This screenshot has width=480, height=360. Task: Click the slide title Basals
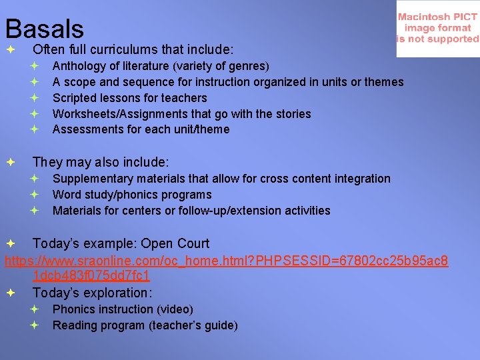click(45, 28)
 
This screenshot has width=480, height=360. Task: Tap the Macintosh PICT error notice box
click(437, 29)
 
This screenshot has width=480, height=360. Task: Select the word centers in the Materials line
click(144, 211)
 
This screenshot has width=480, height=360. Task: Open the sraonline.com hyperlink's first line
click(227, 259)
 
